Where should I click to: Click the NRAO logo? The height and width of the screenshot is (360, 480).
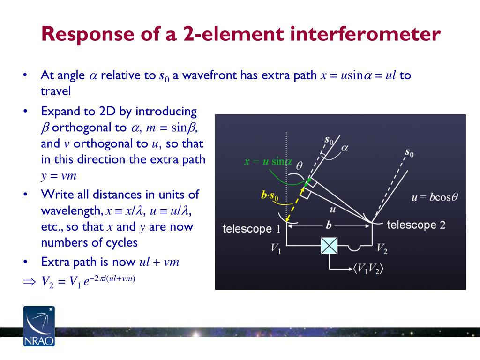point(38,326)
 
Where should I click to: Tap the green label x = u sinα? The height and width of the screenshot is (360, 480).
point(268,162)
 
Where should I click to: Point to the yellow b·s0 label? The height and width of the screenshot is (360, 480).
point(270,195)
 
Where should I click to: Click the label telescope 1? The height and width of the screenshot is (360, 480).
point(251,229)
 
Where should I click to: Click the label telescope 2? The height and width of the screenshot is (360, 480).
point(416,225)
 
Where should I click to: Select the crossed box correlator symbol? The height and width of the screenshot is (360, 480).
point(330,246)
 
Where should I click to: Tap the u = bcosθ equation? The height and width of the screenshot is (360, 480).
point(434,197)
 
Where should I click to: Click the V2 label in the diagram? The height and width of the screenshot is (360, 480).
point(382,248)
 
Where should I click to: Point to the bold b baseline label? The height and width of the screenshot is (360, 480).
point(329,225)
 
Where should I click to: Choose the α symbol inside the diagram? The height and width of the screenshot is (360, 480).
point(344,148)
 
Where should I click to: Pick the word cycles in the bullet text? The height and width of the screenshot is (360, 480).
point(122,242)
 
